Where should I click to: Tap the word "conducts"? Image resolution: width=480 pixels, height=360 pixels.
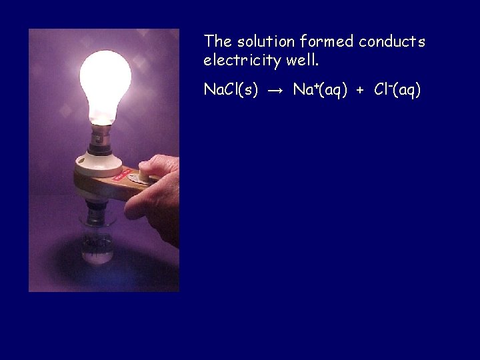click(x=392, y=42)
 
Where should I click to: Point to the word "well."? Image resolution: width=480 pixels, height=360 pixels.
click(x=303, y=61)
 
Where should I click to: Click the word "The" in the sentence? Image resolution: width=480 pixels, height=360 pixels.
click(x=217, y=42)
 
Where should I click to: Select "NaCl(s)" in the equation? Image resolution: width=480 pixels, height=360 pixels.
click(x=231, y=90)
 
